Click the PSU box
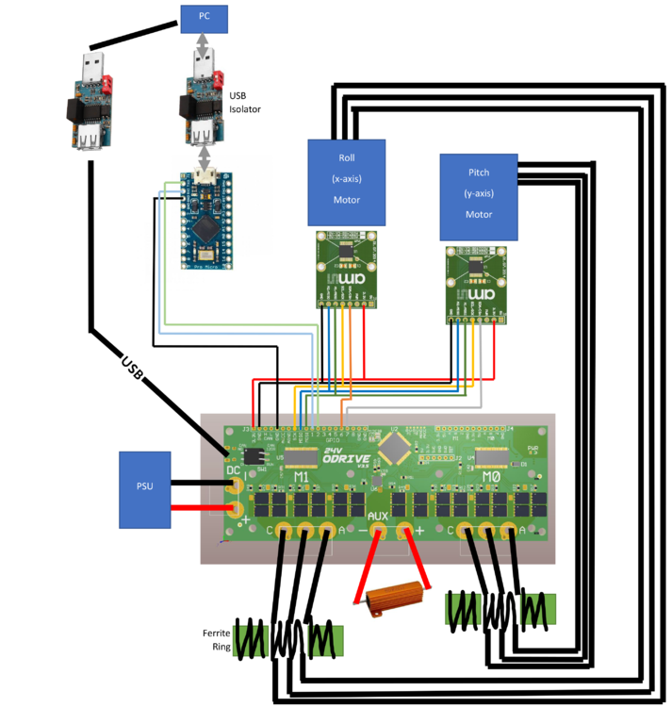(x=145, y=488)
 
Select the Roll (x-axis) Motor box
(x=347, y=181)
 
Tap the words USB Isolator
(x=245, y=102)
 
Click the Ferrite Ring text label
(x=217, y=640)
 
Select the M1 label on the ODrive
(x=302, y=478)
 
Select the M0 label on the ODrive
(x=491, y=478)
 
